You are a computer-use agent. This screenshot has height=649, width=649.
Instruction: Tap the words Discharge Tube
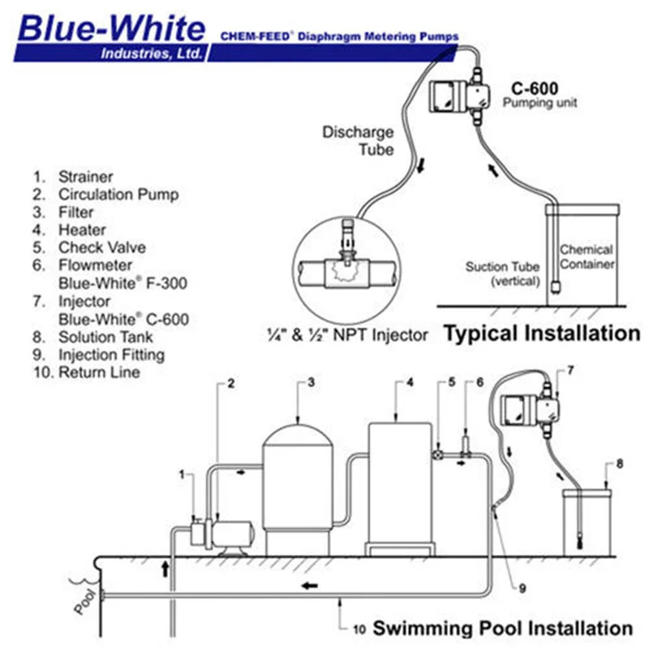tap(358, 140)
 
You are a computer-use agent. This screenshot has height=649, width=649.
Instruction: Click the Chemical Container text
tap(587, 257)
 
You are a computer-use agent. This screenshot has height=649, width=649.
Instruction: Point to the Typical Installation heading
tap(541, 333)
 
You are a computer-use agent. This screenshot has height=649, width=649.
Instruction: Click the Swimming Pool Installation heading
tap(502, 627)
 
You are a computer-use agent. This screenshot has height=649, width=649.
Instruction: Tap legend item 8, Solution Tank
tap(101, 337)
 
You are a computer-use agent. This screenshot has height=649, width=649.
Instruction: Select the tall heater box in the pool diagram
tap(399, 483)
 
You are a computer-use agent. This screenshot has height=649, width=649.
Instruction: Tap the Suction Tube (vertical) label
tap(503, 274)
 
